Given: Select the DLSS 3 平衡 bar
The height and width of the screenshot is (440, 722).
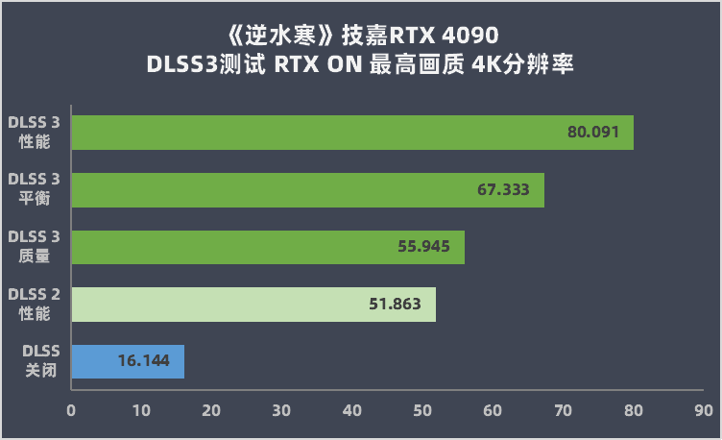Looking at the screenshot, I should (x=288, y=190).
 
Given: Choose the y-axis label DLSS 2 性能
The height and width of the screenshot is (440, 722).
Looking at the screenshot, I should (x=35, y=305).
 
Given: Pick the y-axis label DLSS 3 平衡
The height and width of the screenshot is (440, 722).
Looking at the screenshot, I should (x=35, y=189).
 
